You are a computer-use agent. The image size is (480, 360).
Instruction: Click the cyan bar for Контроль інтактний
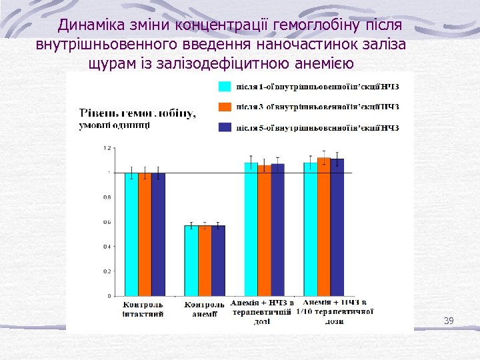click(131, 233)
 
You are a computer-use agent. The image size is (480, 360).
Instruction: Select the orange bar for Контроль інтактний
click(145, 233)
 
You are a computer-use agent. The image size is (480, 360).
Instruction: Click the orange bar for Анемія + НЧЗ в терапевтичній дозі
click(264, 230)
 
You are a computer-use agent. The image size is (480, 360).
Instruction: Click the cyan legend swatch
click(225, 86)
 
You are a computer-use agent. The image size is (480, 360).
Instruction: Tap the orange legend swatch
click(225, 107)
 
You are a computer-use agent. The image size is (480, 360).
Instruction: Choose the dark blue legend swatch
click(225, 127)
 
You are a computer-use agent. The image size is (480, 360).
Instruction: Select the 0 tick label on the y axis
click(109, 296)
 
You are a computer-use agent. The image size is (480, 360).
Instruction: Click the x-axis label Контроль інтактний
click(143, 309)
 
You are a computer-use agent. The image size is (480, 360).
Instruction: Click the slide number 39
click(448, 321)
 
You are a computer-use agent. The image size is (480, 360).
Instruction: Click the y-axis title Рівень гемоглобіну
click(137, 113)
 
